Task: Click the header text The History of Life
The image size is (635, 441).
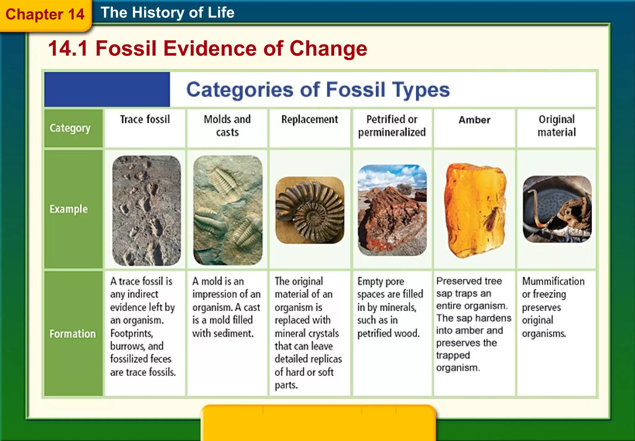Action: [167, 13]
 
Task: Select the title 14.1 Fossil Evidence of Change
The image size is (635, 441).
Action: [207, 49]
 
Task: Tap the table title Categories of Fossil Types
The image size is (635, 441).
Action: [318, 90]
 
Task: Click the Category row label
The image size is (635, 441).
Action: [70, 128]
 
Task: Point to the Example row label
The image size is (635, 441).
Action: [69, 209]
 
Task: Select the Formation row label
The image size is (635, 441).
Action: [73, 334]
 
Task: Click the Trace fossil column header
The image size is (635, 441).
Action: [145, 119]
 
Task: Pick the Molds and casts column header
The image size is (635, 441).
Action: [227, 126]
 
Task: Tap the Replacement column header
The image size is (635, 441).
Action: [309, 119]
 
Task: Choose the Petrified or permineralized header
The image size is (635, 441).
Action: [392, 126]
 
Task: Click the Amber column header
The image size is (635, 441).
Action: [474, 120]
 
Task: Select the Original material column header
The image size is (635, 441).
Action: [557, 126]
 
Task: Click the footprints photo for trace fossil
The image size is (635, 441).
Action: [146, 210]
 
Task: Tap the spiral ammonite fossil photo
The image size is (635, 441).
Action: [310, 210]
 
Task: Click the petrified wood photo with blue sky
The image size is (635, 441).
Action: [392, 210]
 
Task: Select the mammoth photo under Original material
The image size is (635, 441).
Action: [557, 209]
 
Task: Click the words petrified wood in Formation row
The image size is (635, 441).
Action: [388, 333]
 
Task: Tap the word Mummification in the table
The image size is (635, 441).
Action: [553, 281]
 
